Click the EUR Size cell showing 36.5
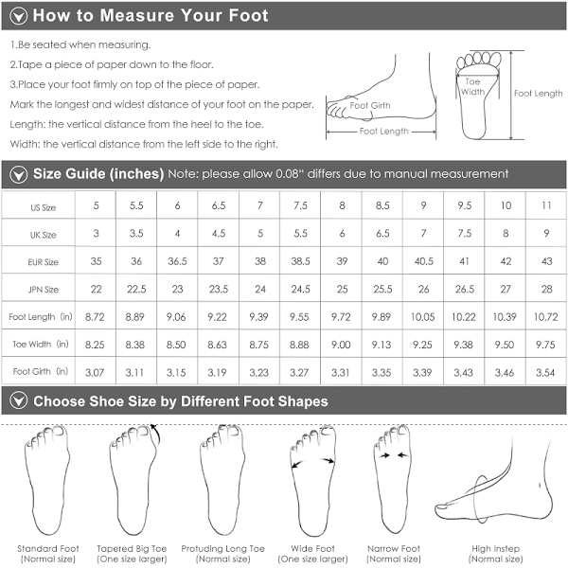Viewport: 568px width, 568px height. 177,261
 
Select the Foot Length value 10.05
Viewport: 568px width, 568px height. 423,317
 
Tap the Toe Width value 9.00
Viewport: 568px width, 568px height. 341,345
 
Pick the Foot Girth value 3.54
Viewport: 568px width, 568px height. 545,372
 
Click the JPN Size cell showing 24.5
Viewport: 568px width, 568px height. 300,289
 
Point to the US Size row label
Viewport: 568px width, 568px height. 44,207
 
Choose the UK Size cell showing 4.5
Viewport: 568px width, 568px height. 219,233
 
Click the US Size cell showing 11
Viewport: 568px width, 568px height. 546,205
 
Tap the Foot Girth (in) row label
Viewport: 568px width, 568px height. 40,371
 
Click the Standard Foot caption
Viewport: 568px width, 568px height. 48,554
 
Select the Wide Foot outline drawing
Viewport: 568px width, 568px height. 313,480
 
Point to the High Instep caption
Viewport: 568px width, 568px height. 495,554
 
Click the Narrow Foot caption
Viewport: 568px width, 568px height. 394,554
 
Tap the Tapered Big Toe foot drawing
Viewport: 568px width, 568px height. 133,479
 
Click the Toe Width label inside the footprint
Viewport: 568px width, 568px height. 472,86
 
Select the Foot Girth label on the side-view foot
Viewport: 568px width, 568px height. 370,105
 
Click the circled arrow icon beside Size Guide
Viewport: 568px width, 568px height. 19,174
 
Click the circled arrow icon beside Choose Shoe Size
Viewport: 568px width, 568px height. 19,401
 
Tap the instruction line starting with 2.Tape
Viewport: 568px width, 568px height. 112,64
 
